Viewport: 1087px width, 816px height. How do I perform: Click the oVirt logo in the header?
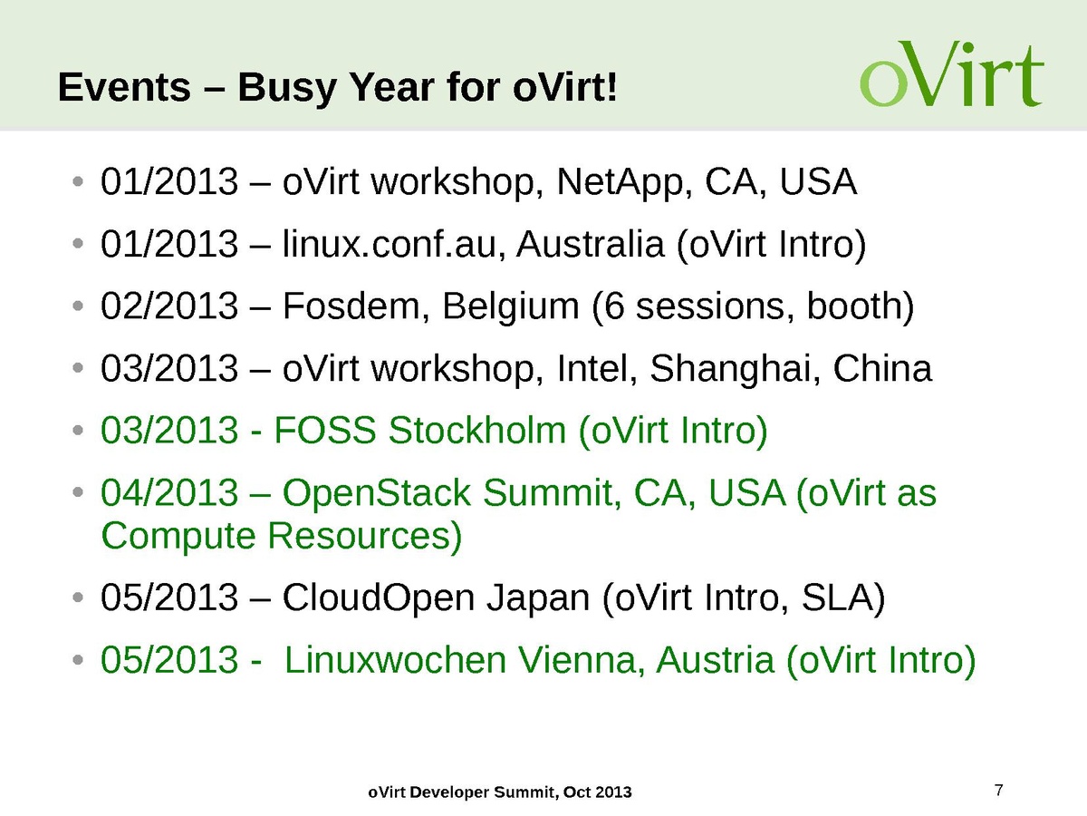tap(951, 73)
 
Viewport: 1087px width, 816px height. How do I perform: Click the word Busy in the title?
tap(286, 88)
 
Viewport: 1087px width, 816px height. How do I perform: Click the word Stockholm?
tap(476, 430)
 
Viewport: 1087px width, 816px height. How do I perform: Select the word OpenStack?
tap(376, 493)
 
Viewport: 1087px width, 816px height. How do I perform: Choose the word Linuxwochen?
tap(395, 660)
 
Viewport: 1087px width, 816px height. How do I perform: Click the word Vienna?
tap(582, 660)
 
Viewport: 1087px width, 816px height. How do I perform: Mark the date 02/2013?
tap(169, 306)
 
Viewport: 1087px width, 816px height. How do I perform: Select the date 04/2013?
tap(169, 492)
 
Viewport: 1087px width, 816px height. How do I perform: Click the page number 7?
tap(998, 790)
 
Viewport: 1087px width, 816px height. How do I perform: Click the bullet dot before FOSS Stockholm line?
tap(78, 430)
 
